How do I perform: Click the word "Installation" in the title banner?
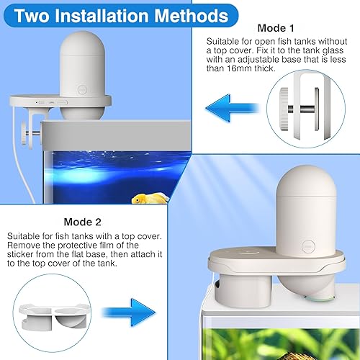[x=115, y=15]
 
